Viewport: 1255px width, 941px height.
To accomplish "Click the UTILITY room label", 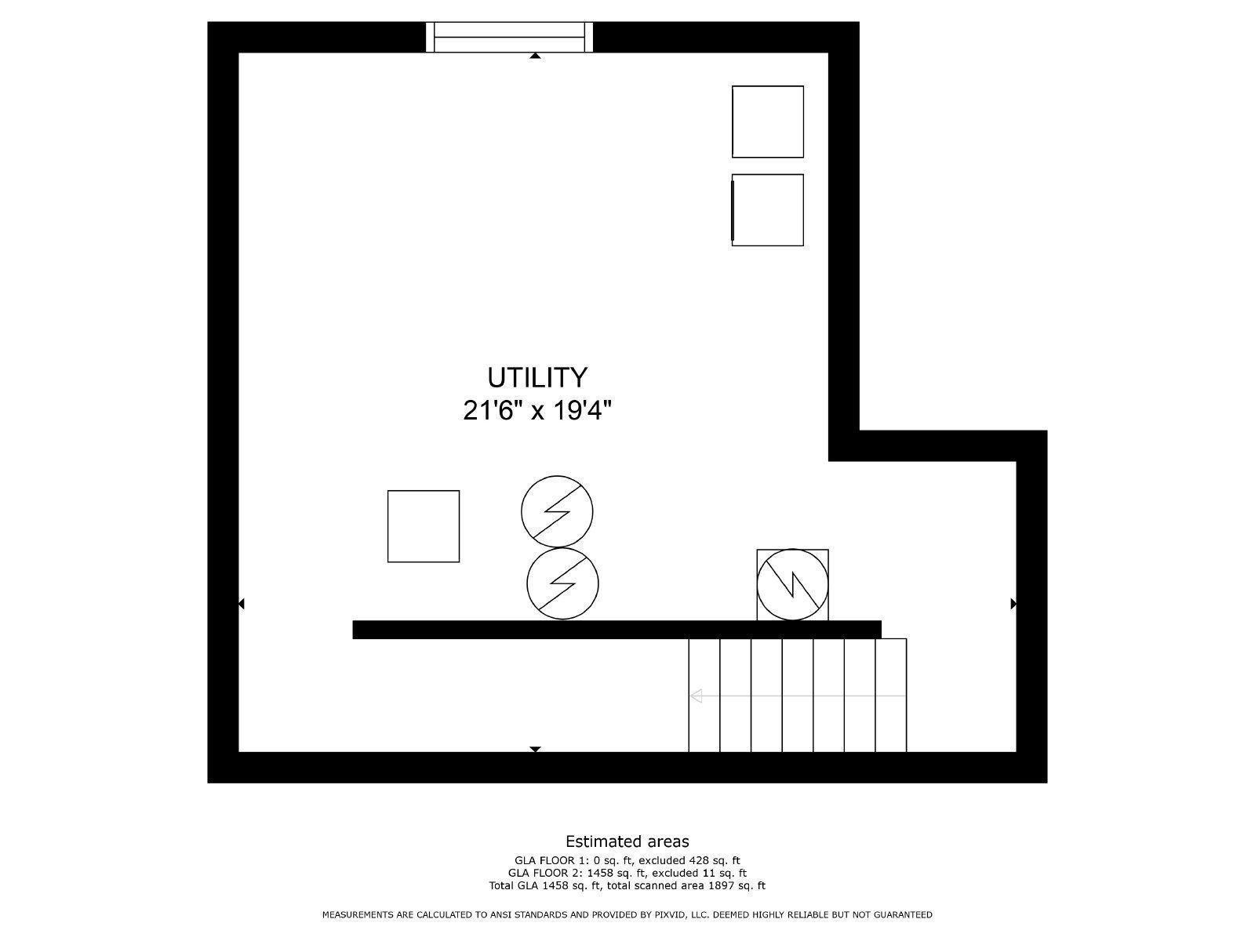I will (x=537, y=377).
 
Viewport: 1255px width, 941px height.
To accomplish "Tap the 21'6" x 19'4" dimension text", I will (x=537, y=409).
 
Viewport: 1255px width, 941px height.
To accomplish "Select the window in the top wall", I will (x=509, y=37).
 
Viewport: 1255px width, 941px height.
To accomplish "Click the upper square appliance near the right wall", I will (x=767, y=122).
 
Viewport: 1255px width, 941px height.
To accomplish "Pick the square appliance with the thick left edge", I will (x=767, y=209).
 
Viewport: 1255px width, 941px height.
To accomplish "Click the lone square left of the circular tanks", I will (x=423, y=526).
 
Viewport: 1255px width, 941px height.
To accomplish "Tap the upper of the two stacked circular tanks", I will (x=557, y=511).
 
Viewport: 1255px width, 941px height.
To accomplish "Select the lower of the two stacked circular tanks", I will (x=562, y=583).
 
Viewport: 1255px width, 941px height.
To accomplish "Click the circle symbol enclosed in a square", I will (x=792, y=585).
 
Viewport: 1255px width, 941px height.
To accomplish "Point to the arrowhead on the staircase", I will (x=695, y=696).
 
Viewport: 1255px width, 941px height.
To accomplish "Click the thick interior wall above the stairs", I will (x=617, y=630).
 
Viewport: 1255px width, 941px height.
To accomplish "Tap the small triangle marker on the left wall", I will (x=242, y=604).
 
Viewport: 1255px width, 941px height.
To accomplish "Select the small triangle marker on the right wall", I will (x=1013, y=604).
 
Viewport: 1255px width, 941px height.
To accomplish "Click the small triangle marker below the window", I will (x=535, y=56).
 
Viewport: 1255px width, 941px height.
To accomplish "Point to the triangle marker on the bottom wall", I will (x=535, y=750).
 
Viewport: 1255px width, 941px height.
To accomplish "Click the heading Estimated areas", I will (x=627, y=841).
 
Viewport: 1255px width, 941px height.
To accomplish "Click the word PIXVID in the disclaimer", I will (x=672, y=914).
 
